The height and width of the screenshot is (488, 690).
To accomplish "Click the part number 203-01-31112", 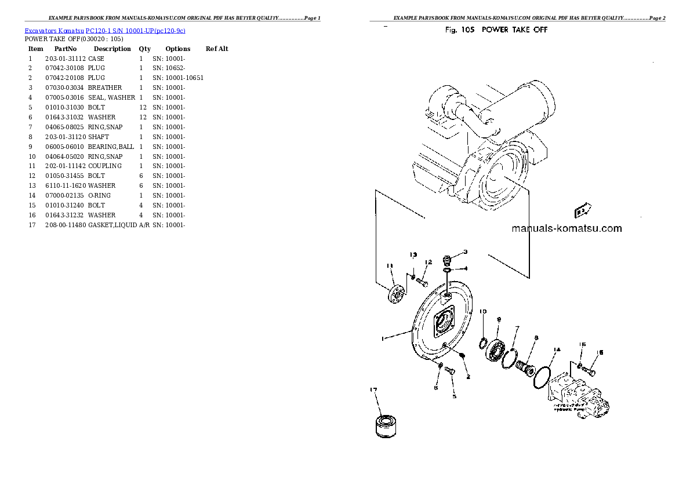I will [65, 59].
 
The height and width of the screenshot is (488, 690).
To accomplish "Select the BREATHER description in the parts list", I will [105, 88].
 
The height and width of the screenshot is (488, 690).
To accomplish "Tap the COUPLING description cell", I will [105, 166].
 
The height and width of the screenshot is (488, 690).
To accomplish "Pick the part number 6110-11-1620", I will [65, 185].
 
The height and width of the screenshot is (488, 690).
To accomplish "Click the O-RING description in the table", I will [99, 195].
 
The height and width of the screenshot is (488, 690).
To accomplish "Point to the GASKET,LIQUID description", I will [112, 225].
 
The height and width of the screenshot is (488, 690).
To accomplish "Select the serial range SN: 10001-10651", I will [178, 78].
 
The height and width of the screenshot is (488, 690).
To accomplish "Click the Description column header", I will [112, 49].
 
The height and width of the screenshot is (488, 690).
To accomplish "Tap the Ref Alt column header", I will [217, 49].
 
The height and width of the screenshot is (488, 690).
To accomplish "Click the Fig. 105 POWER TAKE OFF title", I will [496, 30].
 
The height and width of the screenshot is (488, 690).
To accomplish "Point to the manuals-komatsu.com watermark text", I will [566, 228].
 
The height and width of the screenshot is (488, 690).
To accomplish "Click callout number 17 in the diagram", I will [373, 391].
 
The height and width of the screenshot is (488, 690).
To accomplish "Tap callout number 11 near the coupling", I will [390, 266].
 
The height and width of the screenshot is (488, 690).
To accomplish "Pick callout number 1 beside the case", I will [382, 338].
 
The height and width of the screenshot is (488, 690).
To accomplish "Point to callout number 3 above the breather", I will [465, 252].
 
